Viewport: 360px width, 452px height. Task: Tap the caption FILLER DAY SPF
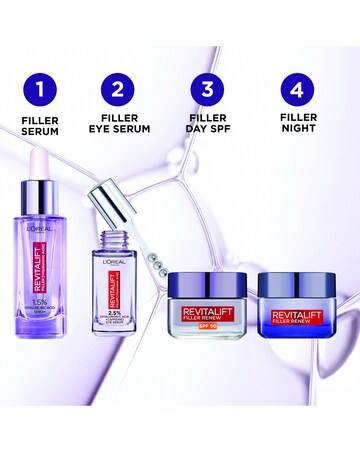coord(207,124)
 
